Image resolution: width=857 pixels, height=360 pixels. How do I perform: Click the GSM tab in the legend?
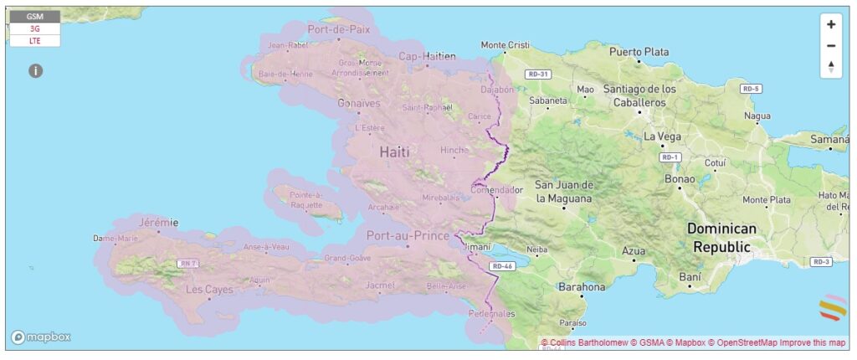point(35,17)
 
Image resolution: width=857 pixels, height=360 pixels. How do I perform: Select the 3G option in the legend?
point(35,28)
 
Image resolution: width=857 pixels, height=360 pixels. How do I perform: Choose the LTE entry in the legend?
point(35,40)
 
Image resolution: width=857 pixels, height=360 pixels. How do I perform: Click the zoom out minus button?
point(830,46)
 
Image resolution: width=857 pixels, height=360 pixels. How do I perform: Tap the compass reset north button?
point(830,67)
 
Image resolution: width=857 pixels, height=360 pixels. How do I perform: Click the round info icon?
point(35,71)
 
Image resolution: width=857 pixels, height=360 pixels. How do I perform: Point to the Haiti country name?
point(395,152)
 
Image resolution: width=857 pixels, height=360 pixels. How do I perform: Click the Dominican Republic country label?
point(721,237)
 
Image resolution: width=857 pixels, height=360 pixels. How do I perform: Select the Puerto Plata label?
point(639,52)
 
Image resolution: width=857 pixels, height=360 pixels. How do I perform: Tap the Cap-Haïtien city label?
point(427,56)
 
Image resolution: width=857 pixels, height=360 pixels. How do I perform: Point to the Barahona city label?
point(582,287)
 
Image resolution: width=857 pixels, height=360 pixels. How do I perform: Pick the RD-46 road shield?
point(502,266)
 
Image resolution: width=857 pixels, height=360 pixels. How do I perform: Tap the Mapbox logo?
point(40,337)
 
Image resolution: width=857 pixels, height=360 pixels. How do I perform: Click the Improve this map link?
point(813,343)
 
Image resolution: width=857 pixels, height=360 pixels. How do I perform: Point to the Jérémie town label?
point(158,222)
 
